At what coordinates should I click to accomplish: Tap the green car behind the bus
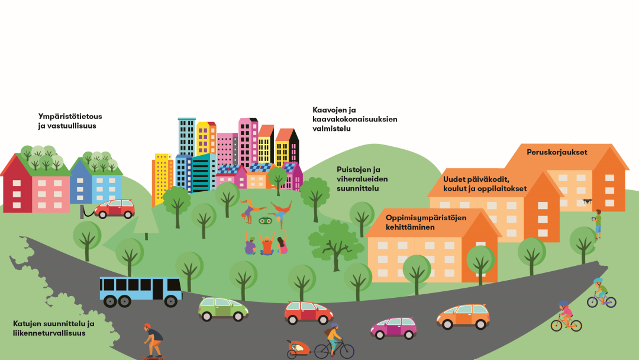pyautogui.click(x=223, y=308)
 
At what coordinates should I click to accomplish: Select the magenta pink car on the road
pyautogui.click(x=393, y=327)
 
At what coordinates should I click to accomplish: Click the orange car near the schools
pyautogui.click(x=463, y=316)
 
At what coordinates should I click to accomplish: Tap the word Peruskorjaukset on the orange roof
pyautogui.click(x=557, y=152)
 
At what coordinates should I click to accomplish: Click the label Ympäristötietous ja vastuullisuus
pyautogui.click(x=70, y=121)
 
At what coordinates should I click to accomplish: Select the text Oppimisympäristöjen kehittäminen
pyautogui.click(x=418, y=222)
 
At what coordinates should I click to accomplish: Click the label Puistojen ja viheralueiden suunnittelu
pyautogui.click(x=359, y=179)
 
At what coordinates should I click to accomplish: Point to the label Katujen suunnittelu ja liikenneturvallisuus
pyautogui.click(x=54, y=328)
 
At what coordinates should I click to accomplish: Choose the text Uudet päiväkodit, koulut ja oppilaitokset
pyautogui.click(x=485, y=184)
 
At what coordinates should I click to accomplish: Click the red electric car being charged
pyautogui.click(x=115, y=208)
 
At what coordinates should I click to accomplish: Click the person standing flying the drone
pyautogui.click(x=598, y=223)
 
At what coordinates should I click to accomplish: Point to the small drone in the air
pyautogui.click(x=586, y=201)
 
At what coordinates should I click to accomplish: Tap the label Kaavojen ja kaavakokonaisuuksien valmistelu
pyautogui.click(x=354, y=118)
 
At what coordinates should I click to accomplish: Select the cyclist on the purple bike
pyautogui.click(x=601, y=294)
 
